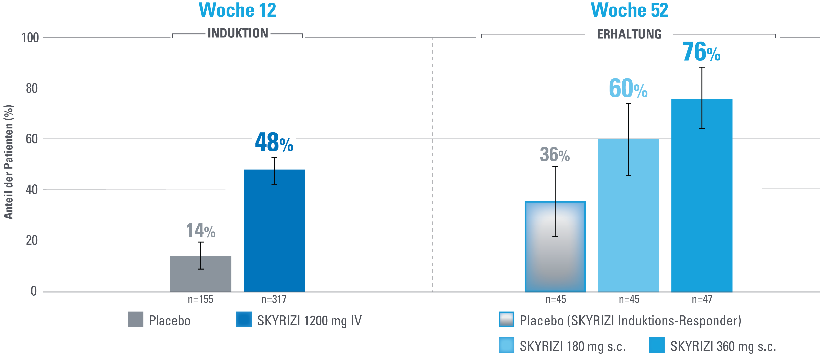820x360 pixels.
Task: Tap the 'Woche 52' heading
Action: [x=629, y=11]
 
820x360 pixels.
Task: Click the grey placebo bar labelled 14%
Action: [x=200, y=277]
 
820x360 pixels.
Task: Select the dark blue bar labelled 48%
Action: [x=274, y=236]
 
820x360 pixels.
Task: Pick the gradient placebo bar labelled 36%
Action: [x=555, y=255]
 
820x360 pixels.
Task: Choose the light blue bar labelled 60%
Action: [x=628, y=223]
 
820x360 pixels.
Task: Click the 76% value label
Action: [x=701, y=52]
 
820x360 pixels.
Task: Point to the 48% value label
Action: [x=274, y=143]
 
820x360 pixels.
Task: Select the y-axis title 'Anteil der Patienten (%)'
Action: [x=9, y=162]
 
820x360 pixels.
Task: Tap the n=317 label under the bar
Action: [x=274, y=299]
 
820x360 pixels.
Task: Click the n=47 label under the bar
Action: [x=702, y=299]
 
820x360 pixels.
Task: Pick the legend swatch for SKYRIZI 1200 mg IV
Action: [x=244, y=319]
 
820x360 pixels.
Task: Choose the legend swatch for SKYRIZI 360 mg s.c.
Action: [x=657, y=345]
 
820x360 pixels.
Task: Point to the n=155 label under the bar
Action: [x=200, y=299]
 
